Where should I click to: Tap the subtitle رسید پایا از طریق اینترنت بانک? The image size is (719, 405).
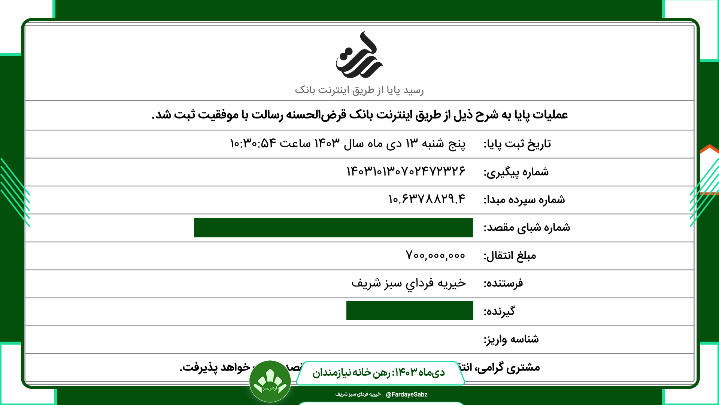359,90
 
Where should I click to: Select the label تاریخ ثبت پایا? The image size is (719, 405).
517,144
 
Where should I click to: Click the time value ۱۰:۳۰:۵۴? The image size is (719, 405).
253,143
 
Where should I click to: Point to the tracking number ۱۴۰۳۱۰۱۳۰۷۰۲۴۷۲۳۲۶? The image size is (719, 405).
406,171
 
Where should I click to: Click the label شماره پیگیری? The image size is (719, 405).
516,172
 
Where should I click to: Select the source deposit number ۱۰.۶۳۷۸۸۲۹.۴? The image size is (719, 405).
427,199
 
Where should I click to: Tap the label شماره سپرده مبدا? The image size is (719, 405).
524,200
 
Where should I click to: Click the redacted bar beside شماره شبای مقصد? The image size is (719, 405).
333,228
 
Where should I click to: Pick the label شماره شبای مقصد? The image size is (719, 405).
527,228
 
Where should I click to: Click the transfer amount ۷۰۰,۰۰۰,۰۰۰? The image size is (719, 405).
435,255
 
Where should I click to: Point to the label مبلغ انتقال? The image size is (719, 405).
510,256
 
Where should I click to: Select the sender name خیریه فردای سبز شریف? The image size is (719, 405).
409,283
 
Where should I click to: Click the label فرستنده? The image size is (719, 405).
503,283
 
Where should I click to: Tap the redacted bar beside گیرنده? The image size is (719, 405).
410,310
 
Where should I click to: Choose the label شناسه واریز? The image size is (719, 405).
511,339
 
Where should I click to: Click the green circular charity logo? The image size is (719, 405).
270,381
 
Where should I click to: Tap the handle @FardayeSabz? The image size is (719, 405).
406,394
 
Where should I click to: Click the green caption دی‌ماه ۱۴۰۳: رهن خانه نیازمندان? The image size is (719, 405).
379,372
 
